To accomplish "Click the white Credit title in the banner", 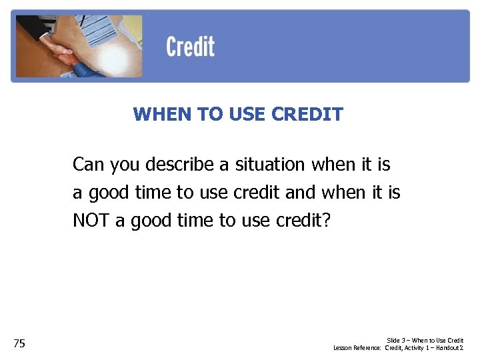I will click(x=190, y=47).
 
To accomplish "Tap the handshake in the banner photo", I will click(x=63, y=53).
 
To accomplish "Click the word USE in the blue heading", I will click(x=247, y=115).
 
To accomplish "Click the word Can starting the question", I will click(x=88, y=164).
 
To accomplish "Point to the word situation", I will click(x=269, y=164).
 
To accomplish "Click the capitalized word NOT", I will click(x=91, y=221).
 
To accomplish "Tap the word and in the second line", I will click(x=300, y=193).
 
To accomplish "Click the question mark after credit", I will click(x=325, y=221).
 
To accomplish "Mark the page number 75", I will click(x=19, y=343).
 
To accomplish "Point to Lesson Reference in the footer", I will click(x=357, y=348).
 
